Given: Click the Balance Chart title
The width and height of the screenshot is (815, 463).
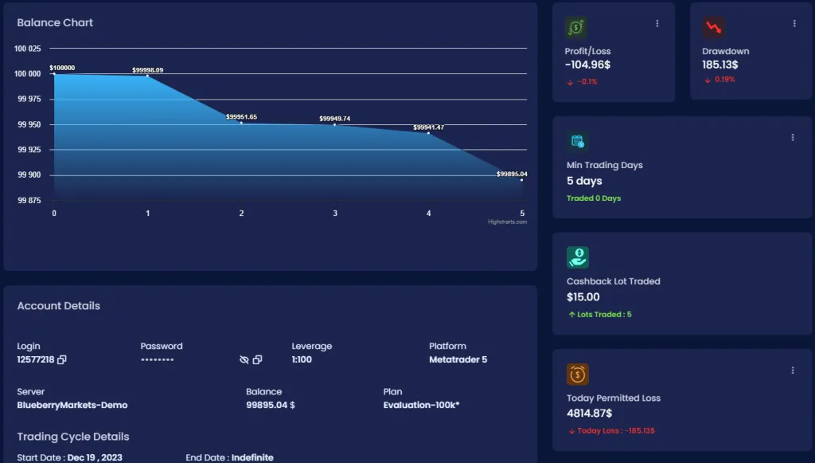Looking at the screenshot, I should tap(55, 22).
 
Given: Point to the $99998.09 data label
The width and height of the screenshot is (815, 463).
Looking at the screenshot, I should tap(147, 70).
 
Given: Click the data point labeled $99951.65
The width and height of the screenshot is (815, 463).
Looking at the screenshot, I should tap(241, 122).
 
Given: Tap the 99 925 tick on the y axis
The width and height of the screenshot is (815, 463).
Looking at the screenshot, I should tap(28, 150).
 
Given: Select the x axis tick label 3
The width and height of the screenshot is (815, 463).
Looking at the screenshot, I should tap(335, 213).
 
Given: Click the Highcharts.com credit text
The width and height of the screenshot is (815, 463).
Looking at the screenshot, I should tap(507, 222).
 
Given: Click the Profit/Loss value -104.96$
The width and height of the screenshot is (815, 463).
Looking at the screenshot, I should tap(587, 65).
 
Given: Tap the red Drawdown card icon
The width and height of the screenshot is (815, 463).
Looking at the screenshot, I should tap(713, 28).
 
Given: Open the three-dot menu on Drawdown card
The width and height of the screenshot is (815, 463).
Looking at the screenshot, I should tap(794, 24).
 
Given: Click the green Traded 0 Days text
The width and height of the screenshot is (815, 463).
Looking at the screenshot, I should tap(594, 198).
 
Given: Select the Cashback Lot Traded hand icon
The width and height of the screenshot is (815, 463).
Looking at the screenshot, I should tap(578, 257).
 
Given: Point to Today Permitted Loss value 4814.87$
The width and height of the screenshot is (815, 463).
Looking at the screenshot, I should tap(589, 413).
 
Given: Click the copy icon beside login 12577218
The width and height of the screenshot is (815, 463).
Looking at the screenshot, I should tap(62, 360).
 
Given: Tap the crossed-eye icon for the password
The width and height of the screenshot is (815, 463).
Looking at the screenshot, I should tap(244, 360).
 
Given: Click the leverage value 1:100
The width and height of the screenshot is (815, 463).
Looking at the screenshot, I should tap(302, 359).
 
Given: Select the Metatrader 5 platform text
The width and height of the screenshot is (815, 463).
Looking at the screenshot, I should tap(458, 359).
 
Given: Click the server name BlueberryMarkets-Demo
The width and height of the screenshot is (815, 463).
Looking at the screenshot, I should tap(72, 405).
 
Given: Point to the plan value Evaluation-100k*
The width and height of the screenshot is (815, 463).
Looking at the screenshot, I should tap(421, 405).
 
